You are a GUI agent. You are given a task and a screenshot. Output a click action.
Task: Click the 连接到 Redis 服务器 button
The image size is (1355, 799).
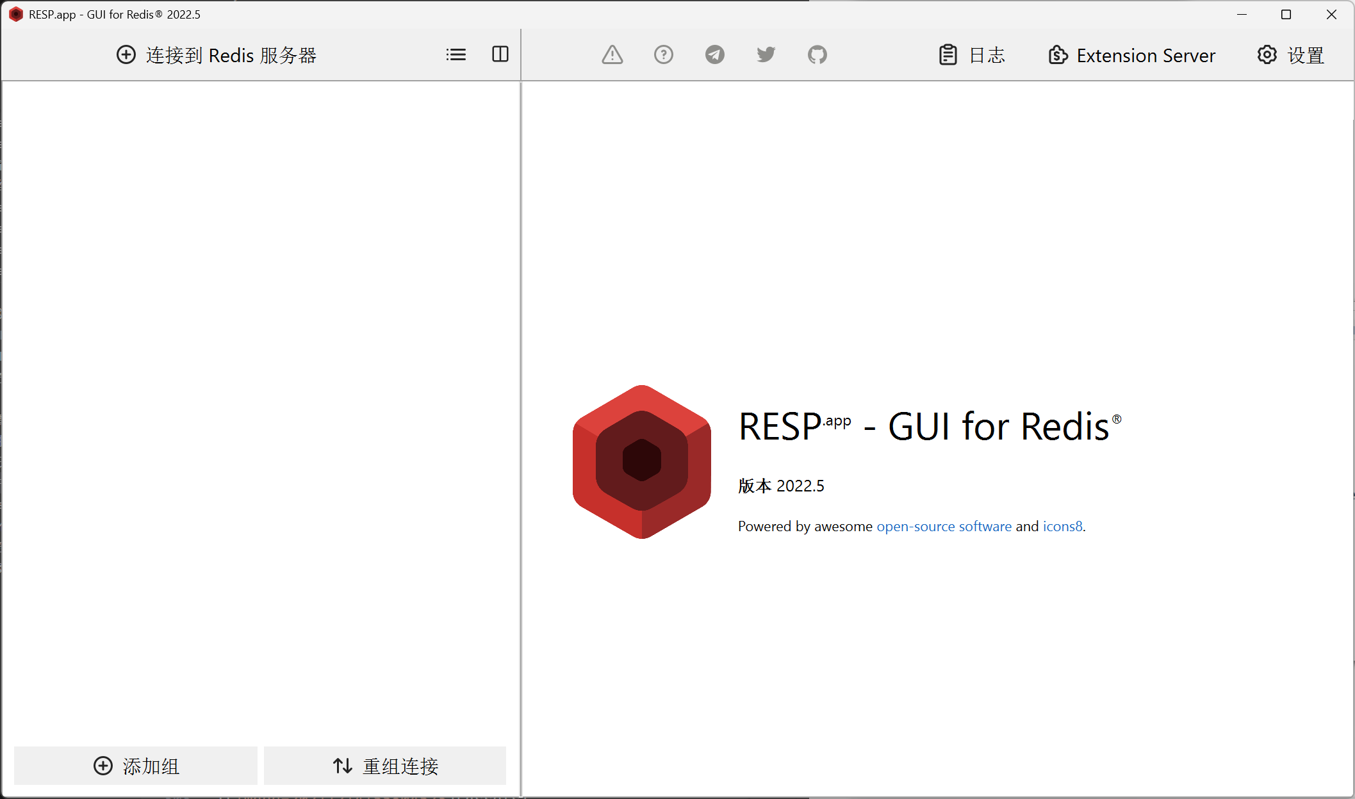click(x=217, y=55)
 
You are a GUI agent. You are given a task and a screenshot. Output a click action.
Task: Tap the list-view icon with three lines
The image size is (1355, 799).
click(x=456, y=55)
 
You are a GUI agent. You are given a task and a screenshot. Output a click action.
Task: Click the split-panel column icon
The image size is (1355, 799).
click(x=500, y=54)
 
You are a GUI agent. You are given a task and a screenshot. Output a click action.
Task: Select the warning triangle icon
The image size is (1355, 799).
click(x=612, y=55)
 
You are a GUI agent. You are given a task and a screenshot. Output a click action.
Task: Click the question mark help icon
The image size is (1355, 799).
click(x=664, y=55)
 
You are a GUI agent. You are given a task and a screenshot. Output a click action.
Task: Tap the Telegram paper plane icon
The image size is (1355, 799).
click(x=715, y=55)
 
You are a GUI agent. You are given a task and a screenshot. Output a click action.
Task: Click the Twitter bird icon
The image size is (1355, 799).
click(x=766, y=55)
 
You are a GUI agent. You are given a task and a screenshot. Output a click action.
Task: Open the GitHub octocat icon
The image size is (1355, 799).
click(x=817, y=55)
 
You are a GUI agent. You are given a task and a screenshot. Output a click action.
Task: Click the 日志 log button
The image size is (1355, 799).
click(x=972, y=55)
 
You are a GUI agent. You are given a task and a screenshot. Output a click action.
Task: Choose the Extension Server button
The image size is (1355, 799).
click(x=1132, y=55)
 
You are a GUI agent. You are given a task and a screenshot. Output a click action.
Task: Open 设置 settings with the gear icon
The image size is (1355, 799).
click(x=1291, y=55)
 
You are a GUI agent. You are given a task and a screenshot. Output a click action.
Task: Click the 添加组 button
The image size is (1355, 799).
click(x=136, y=766)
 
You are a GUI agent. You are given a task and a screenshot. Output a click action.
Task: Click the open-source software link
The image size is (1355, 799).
click(x=944, y=526)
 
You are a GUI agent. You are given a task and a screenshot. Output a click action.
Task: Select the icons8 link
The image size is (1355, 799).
click(x=1063, y=526)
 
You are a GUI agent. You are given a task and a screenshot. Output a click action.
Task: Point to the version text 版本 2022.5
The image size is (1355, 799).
click(x=781, y=486)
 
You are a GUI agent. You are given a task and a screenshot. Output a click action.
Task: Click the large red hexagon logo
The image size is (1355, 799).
click(x=642, y=462)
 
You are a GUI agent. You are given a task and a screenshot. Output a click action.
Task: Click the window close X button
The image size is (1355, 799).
click(x=1331, y=14)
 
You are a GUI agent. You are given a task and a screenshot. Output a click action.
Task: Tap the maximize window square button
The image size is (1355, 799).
click(x=1286, y=14)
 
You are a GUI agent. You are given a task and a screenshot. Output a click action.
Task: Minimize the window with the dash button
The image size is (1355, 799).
click(x=1242, y=14)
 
